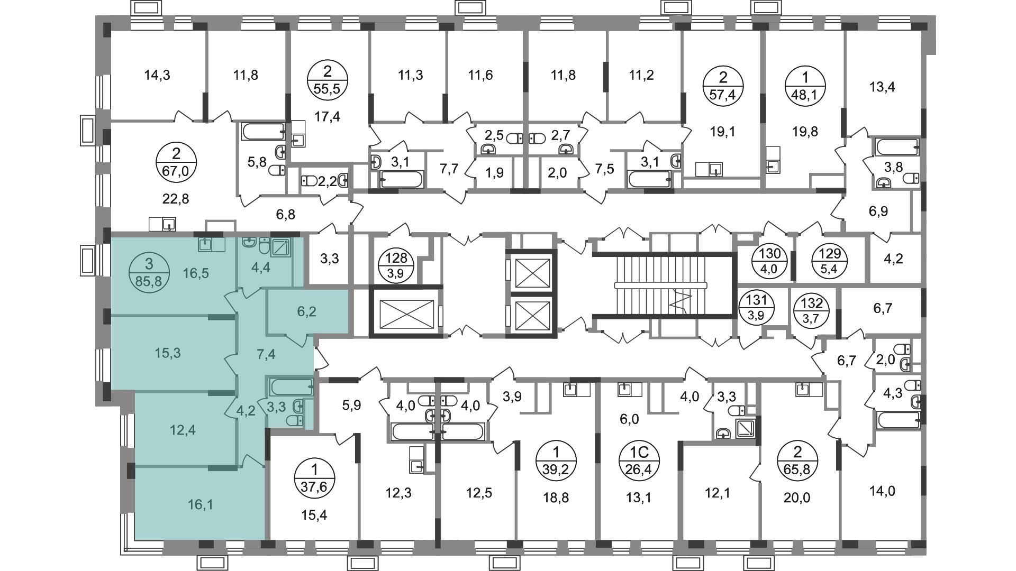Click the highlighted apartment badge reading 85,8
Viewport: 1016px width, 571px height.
point(149,272)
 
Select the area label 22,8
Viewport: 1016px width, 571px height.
point(175,199)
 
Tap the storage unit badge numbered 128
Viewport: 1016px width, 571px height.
point(396,266)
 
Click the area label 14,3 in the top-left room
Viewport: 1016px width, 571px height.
point(157,75)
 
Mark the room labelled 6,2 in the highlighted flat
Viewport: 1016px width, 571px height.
point(306,311)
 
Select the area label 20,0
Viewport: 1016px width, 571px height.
point(797,498)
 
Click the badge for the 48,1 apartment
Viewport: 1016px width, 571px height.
point(805,87)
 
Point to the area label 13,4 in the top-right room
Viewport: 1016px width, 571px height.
point(882,87)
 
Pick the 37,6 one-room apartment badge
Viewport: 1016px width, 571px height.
point(314,478)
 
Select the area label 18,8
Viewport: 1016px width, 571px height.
point(556,498)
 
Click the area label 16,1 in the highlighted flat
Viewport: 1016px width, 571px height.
point(201,505)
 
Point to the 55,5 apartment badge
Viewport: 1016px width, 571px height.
point(327,80)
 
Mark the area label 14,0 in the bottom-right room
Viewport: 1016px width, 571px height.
point(882,491)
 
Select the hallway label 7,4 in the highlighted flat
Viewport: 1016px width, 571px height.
point(266,354)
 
